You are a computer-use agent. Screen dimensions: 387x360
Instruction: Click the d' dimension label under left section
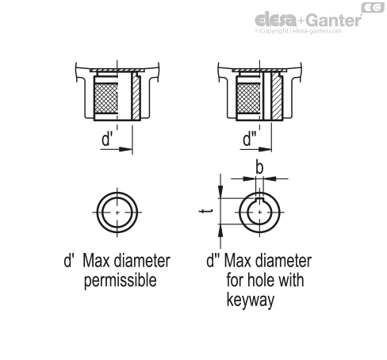pos(107,139)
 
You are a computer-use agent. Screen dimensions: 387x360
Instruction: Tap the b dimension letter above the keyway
pos(259,167)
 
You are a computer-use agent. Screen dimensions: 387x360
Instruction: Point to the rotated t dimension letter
pos(205,211)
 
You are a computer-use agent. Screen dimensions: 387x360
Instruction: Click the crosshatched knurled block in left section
pos(105,98)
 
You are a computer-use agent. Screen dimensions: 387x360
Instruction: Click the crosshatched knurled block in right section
pos(248,98)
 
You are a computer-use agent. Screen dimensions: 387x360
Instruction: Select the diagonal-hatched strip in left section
pos(136,97)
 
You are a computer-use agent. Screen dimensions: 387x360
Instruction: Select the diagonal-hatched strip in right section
pos(277,97)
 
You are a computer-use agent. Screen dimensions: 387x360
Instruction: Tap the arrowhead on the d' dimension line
pos(125,149)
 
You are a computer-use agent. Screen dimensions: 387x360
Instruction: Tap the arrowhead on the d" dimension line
pos(265,149)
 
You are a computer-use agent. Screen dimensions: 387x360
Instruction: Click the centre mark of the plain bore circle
pos(117,213)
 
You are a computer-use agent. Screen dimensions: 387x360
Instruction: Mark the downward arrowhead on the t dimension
pos(220,191)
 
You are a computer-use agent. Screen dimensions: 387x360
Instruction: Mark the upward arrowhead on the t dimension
pos(220,231)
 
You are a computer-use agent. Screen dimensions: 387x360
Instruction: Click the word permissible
pos(121,281)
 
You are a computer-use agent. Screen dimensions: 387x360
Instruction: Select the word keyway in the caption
pos(251,301)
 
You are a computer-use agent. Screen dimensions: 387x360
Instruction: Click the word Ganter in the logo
pos(334,21)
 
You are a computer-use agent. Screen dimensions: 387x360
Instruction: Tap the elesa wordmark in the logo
pos(276,20)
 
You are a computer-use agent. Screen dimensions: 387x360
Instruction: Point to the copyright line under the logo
pos(298,31)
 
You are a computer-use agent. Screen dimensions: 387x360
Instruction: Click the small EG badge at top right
pos(373,7)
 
